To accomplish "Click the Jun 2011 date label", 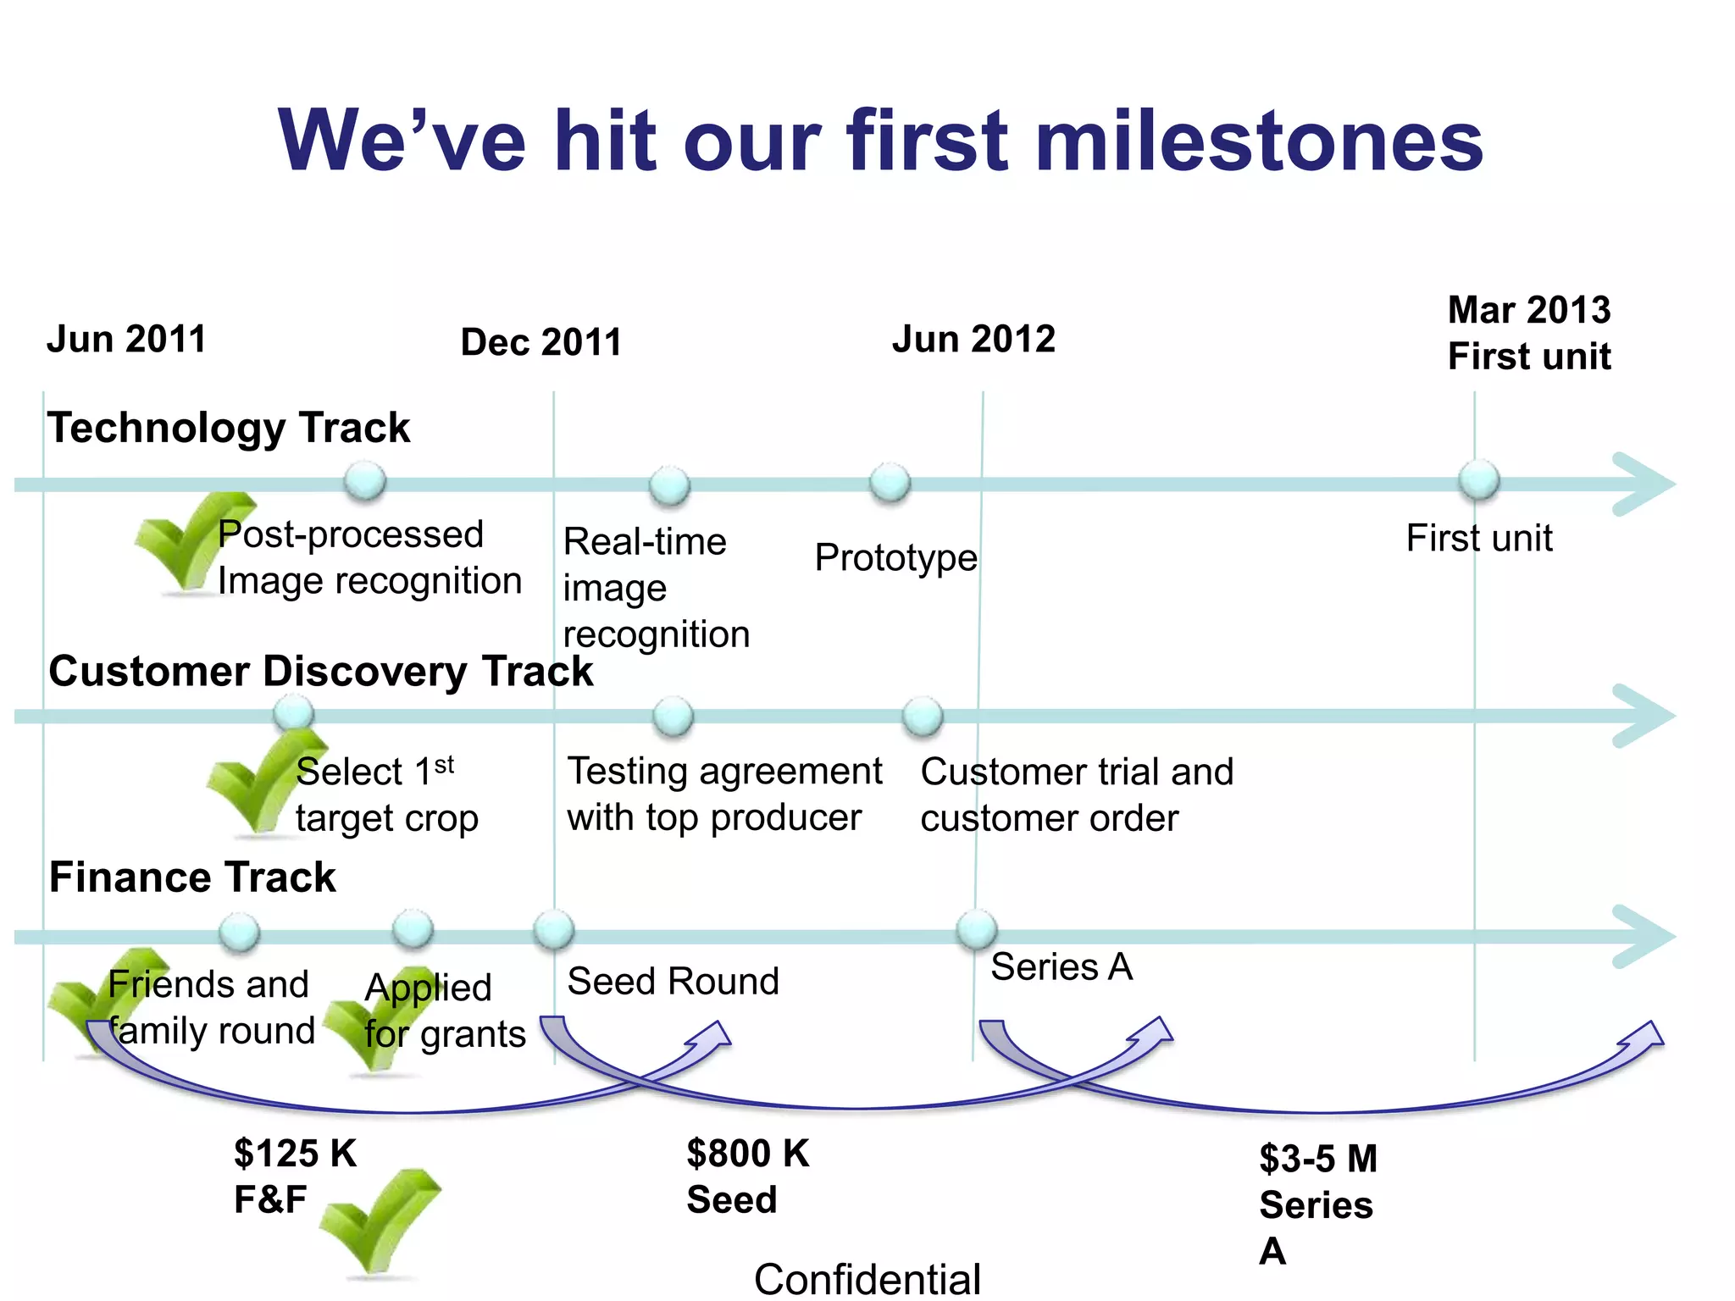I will tap(126, 339).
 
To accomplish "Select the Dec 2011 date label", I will tap(540, 342).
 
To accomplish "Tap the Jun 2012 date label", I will tap(973, 339).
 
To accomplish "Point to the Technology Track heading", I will tap(229, 427).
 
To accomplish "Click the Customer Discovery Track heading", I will tap(320, 671).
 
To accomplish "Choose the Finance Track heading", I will tap(192, 877).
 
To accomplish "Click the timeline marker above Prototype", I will tap(890, 483).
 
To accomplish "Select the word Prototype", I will tap(895, 557).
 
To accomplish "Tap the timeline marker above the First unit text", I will tap(1479, 480).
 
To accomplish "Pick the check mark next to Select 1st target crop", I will tap(259, 783).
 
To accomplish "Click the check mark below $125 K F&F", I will tap(381, 1220).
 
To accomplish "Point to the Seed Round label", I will tap(673, 981).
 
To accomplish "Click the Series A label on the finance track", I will tap(1062, 966).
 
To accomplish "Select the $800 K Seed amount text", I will tap(747, 1176).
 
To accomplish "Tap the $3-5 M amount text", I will tap(1318, 1159).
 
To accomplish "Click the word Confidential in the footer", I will tap(867, 1279).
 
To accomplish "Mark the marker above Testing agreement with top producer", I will tap(673, 717).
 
